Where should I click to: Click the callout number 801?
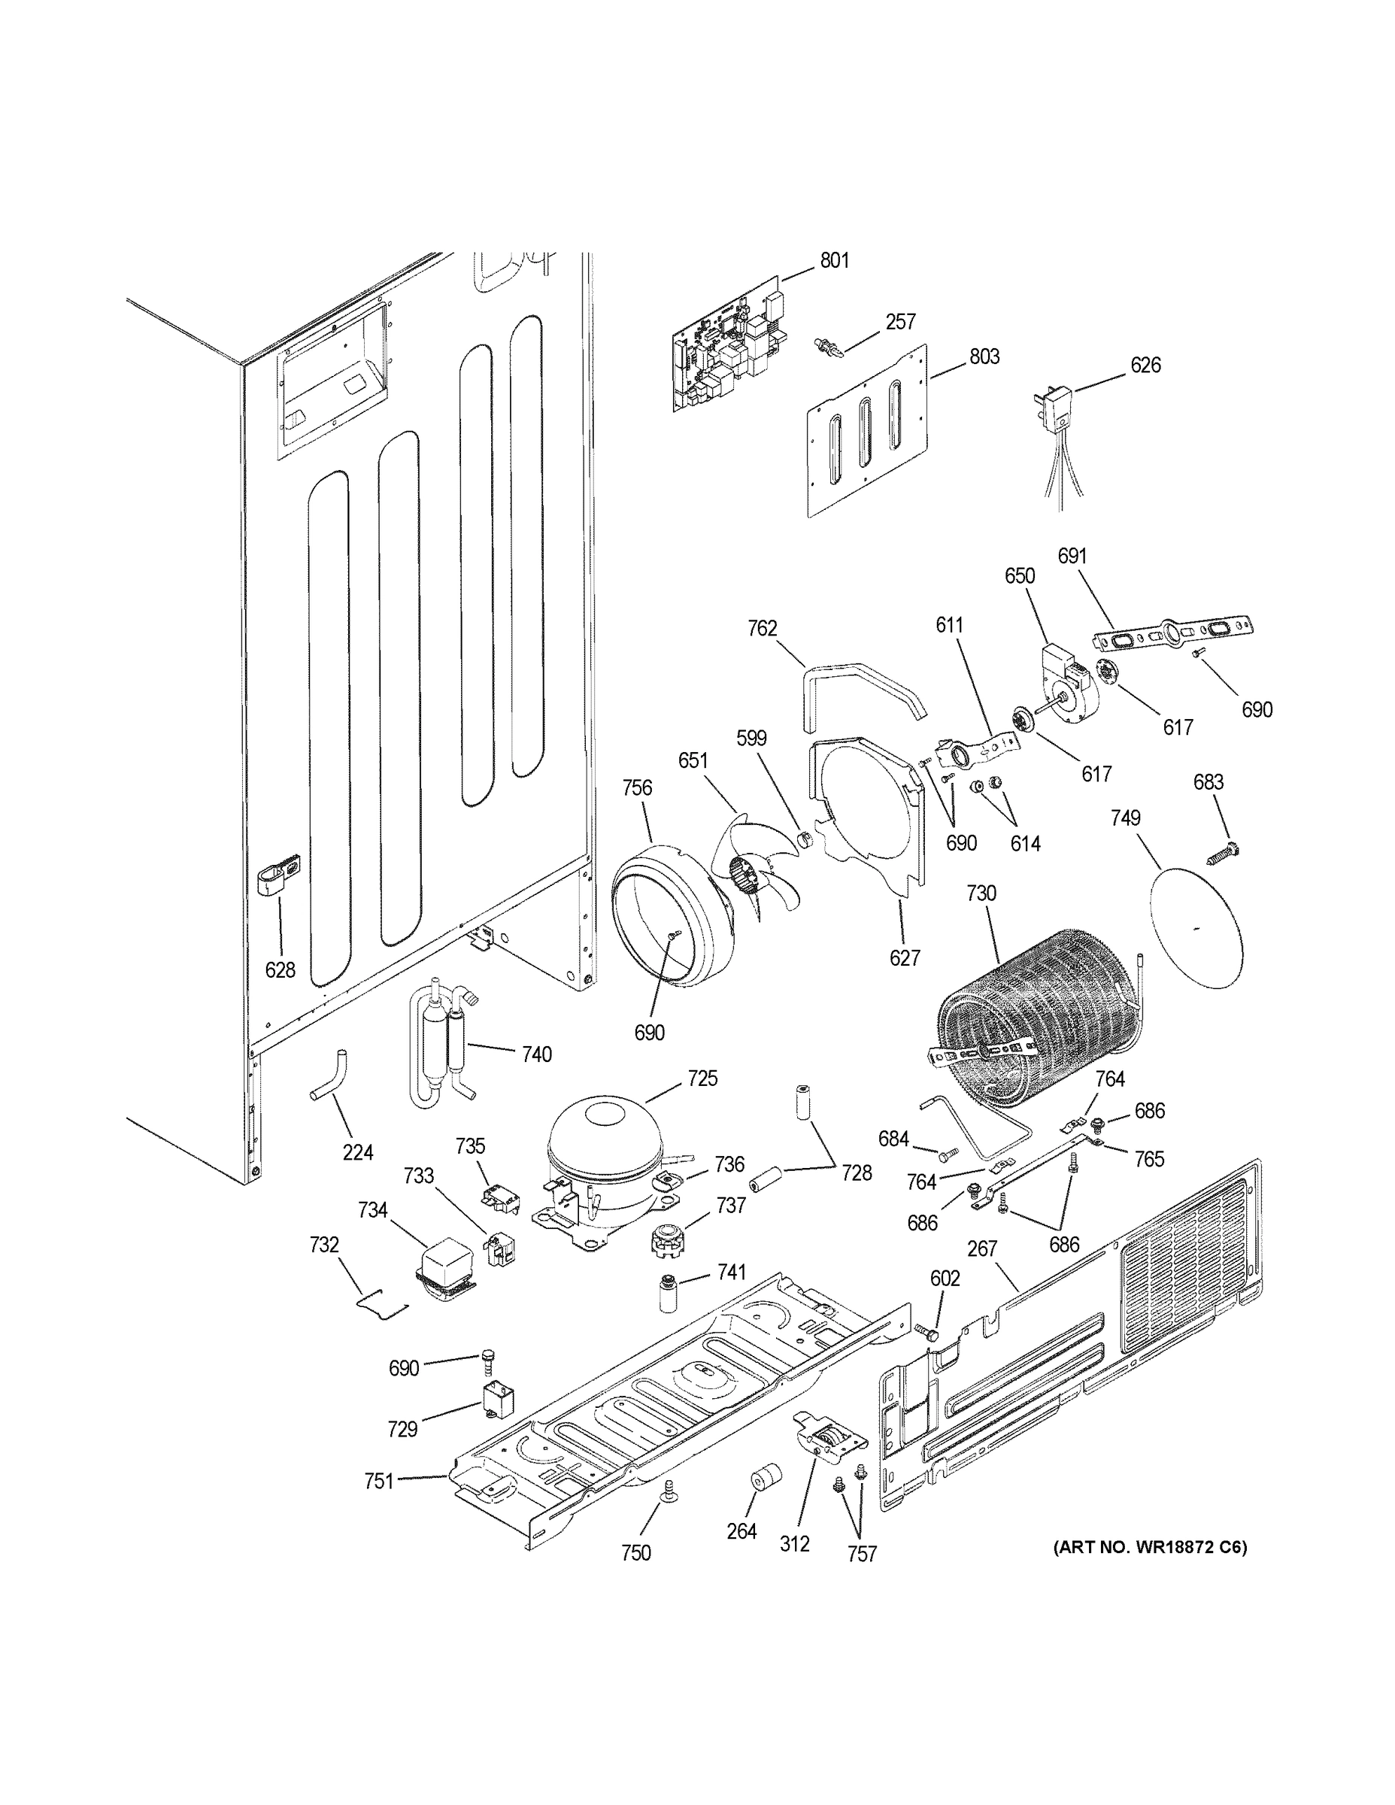(x=834, y=261)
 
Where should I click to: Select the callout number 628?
(x=281, y=969)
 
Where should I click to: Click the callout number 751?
(x=378, y=1481)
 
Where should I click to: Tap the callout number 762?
(x=762, y=629)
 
